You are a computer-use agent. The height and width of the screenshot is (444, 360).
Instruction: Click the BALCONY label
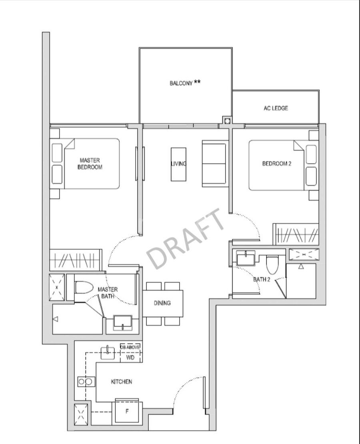(x=185, y=83)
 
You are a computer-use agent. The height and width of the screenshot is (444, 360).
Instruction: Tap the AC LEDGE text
(x=276, y=108)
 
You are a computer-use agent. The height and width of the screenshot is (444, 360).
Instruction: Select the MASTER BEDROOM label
(x=90, y=164)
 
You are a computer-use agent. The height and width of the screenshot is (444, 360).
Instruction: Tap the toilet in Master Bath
(x=84, y=288)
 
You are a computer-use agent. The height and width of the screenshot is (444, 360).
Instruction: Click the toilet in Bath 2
(x=272, y=265)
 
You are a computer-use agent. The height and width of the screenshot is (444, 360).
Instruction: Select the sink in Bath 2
(x=246, y=258)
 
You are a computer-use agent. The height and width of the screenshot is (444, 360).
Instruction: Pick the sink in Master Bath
(x=123, y=322)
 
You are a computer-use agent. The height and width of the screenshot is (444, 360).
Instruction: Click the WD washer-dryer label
(x=130, y=358)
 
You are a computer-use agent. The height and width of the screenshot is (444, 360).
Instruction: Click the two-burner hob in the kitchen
(x=86, y=382)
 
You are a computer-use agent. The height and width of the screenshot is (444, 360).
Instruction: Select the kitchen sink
(x=108, y=352)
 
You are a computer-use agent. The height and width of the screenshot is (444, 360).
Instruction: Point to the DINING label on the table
(x=162, y=303)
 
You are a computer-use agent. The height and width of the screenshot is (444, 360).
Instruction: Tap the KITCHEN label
(x=121, y=382)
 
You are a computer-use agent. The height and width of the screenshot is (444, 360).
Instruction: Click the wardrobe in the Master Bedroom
(x=75, y=260)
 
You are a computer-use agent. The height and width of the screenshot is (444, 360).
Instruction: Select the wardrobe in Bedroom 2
(x=296, y=234)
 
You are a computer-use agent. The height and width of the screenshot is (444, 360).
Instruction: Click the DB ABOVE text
(x=130, y=347)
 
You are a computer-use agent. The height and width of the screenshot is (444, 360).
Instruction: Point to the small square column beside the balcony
(x=227, y=121)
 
